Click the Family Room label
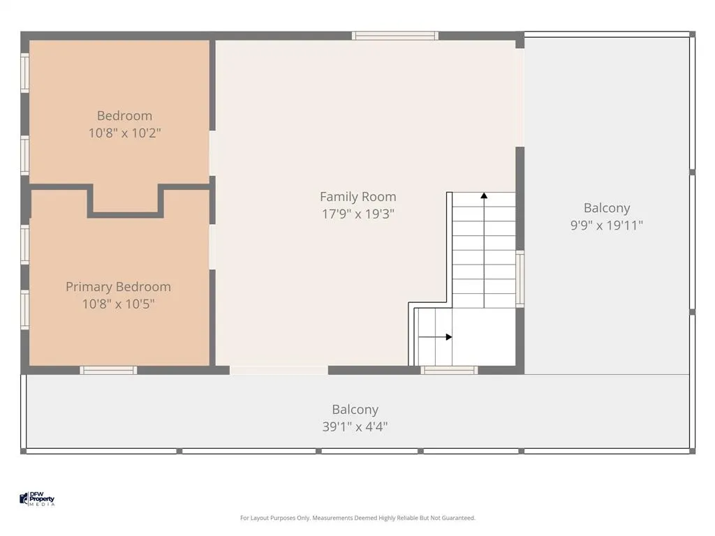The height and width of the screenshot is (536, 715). pos(358,196)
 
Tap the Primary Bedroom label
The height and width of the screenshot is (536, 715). pos(118,287)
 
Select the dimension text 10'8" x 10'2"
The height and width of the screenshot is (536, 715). pos(124,133)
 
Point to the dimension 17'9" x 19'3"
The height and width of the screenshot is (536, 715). pos(358,214)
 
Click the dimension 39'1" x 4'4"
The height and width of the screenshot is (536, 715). pos(355,426)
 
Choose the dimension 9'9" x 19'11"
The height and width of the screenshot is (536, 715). pos(607,225)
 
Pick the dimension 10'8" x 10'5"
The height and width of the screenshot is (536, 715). pos(118,304)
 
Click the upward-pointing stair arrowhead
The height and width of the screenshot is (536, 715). pos(484,195)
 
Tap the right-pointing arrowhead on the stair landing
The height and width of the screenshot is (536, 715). pos(449,337)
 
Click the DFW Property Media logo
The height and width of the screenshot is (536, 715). pos(37,498)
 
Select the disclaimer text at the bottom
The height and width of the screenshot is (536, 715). pos(357,518)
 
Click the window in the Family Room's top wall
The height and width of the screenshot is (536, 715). pos(395,36)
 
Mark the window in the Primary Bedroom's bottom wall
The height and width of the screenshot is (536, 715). pos(108,370)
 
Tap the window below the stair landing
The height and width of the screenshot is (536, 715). pos(449,370)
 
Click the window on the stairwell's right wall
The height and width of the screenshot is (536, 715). pos(519,278)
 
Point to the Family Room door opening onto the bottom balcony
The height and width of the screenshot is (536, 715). pos(279,370)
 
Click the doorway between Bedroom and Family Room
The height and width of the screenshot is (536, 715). pos(212,154)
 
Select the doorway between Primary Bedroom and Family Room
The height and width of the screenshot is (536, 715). pos(212,246)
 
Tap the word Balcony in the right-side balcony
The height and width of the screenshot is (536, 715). pos(607,208)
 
